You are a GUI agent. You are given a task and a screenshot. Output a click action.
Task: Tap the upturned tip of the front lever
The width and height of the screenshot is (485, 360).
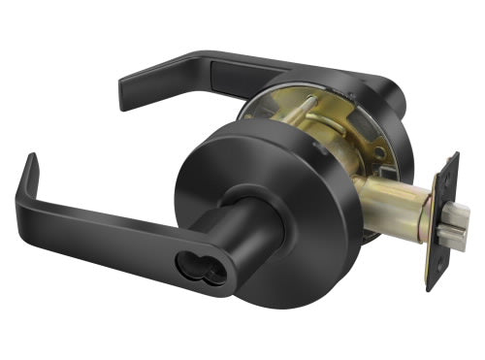tap(31, 161)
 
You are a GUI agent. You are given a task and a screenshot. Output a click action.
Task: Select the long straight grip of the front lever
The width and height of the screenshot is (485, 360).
tap(107, 230)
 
